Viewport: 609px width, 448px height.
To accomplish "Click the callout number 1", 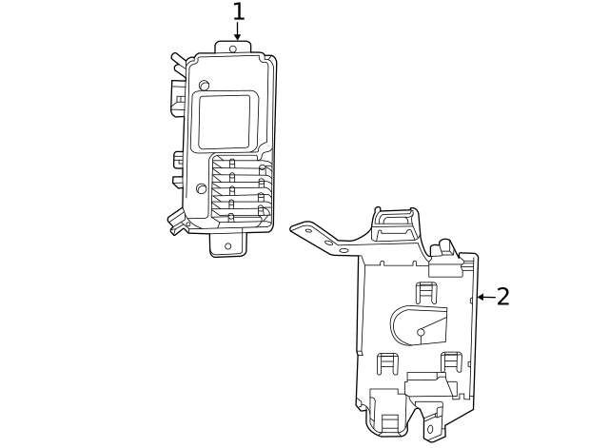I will [x=238, y=12].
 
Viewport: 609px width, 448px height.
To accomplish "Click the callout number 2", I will [x=503, y=297].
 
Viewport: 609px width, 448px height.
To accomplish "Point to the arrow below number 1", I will [x=238, y=33].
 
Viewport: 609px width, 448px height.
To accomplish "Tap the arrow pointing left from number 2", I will [x=485, y=297].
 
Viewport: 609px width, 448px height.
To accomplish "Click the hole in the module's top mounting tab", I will [x=234, y=47].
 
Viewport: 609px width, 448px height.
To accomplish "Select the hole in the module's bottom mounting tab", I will [x=227, y=245].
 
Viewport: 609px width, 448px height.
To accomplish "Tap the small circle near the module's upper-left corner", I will [x=204, y=85].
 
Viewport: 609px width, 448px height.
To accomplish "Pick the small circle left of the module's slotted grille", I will [x=202, y=188].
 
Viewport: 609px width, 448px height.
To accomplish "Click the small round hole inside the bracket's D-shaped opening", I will [x=421, y=332].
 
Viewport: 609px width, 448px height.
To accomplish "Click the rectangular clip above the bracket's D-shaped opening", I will [x=426, y=290].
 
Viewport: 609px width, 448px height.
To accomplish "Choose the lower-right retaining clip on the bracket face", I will [x=451, y=361].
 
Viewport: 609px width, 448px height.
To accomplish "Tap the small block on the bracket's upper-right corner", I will [x=442, y=251].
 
